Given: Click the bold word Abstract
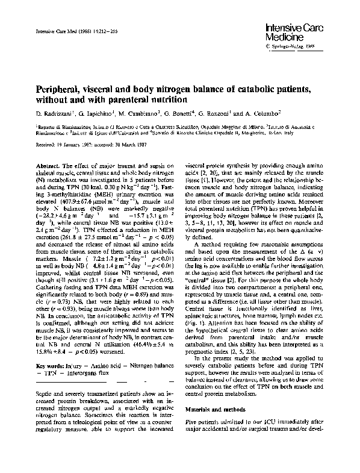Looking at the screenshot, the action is pos(48,165).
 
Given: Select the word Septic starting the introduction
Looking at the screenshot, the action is pos(46,392).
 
